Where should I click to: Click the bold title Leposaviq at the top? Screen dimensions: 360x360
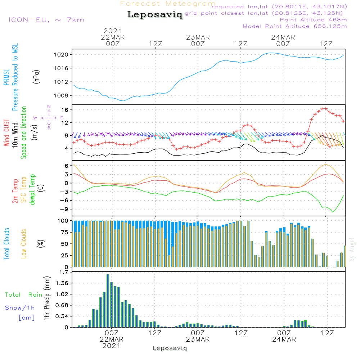tap(155, 15)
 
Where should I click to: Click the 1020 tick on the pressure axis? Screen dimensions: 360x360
tap(63, 55)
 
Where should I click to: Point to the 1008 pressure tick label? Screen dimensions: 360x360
tap(63, 95)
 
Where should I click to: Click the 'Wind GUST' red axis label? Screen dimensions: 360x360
tap(7, 133)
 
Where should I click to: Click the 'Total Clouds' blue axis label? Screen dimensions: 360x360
tap(7, 244)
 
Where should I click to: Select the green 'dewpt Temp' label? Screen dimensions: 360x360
tap(33, 190)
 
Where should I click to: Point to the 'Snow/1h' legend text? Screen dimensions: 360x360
tap(20, 308)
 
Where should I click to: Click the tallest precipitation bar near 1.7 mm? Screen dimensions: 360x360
tap(108, 301)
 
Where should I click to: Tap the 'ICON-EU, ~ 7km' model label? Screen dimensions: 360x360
tap(46, 20)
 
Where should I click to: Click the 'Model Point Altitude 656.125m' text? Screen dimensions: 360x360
tap(295, 26)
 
